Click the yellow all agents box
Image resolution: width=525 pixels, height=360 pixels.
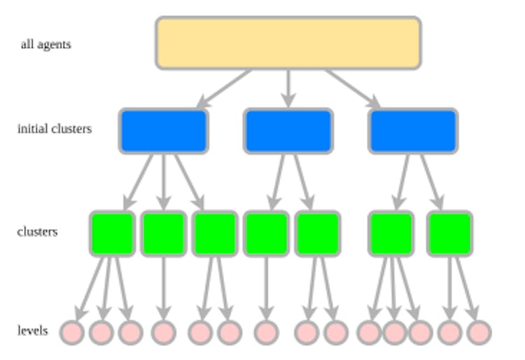pos(288,43)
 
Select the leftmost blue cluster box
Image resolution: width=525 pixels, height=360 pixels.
pos(164,131)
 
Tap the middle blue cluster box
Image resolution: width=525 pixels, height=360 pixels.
pos(288,131)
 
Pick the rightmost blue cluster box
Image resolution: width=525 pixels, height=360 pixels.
pos(412,131)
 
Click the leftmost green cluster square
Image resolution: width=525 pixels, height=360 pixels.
pos(112,233)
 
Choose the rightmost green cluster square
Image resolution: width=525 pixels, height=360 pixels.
pos(449,233)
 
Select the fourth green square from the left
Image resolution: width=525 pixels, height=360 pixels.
pos(266,233)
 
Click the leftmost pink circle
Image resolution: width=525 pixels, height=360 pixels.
pos(72,332)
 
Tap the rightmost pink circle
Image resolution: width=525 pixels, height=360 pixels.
pos(479,332)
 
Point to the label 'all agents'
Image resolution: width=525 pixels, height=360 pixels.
pos(45,45)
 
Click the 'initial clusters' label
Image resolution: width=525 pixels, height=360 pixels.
pos(54,129)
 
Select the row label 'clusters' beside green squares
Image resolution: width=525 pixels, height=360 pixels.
pos(37,231)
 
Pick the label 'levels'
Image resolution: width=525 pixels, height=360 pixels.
pos(33,330)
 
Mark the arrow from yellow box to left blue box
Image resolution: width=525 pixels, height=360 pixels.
pos(224,89)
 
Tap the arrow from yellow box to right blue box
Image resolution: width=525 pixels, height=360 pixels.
pos(352,89)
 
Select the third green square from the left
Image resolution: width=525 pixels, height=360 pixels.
pos(215,233)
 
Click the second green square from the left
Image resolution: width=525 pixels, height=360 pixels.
pos(163,233)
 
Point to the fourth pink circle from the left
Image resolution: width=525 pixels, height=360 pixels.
pos(163,332)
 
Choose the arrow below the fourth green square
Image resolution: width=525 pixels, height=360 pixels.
pos(266,287)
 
